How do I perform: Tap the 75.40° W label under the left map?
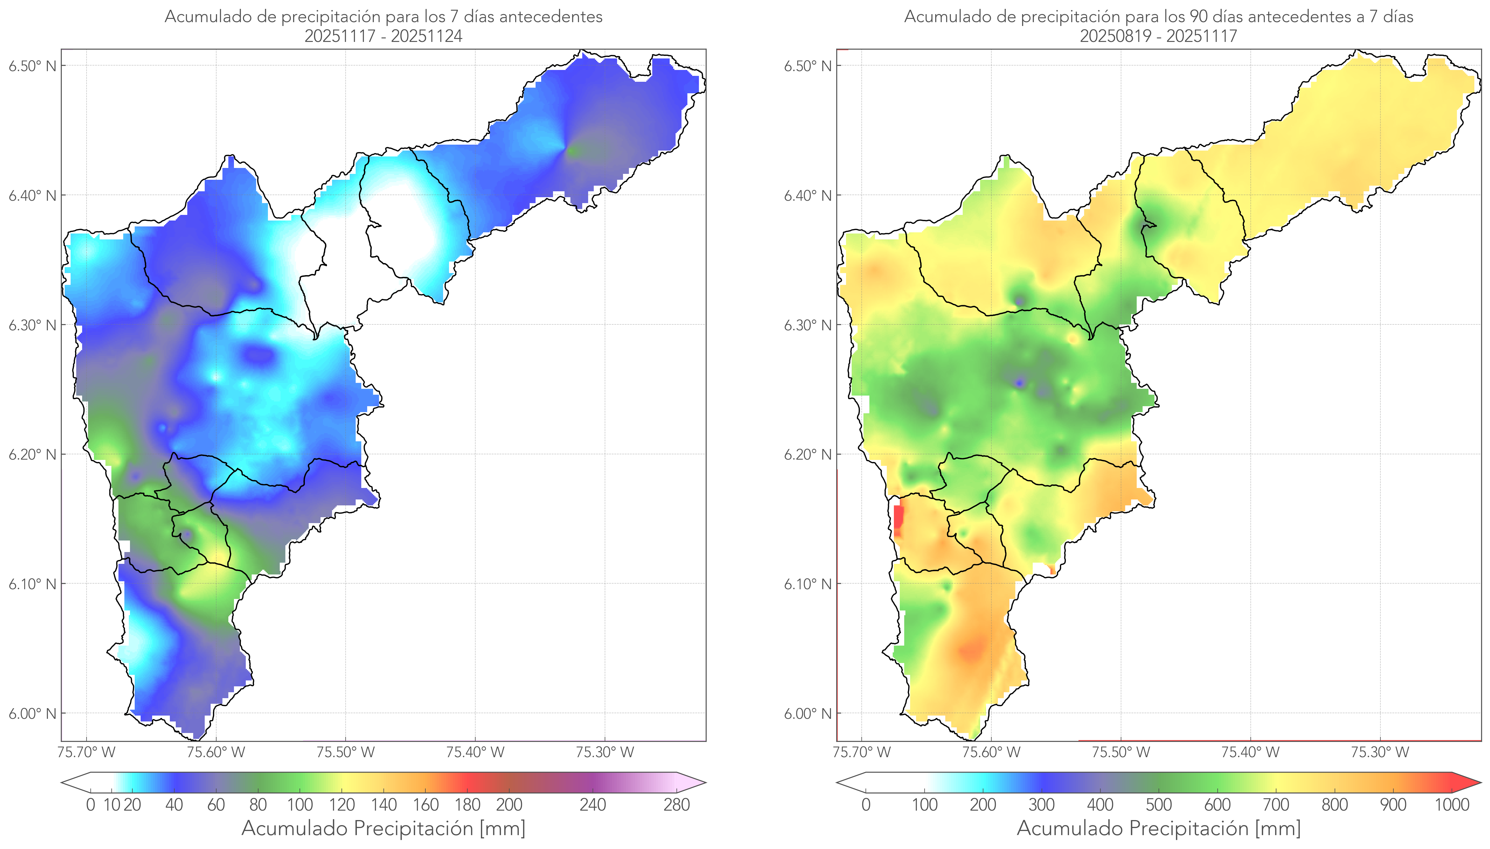(475, 752)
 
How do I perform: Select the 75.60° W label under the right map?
(991, 752)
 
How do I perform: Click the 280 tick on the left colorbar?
(677, 805)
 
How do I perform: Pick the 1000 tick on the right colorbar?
(1452, 805)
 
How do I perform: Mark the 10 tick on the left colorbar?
(111, 805)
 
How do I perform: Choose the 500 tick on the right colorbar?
(1159, 805)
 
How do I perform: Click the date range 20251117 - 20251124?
(383, 36)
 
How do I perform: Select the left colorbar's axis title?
(383, 828)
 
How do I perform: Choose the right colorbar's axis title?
(1159, 828)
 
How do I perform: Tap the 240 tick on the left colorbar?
(593, 805)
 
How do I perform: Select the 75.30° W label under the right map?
(1380, 752)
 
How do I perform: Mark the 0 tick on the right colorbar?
(866, 805)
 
